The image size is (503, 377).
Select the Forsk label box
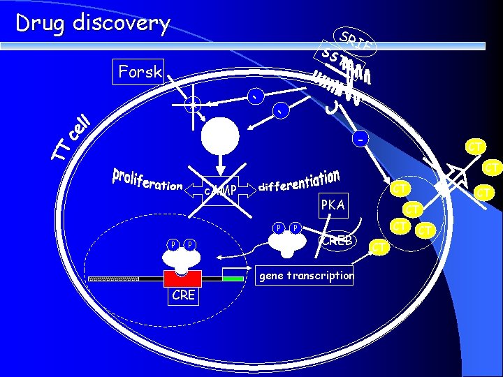pos(140,71)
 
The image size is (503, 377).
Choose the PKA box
pos(333,205)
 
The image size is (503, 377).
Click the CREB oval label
pos(338,241)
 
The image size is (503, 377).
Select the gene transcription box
pos(306,275)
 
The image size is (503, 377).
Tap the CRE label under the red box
pos(183,295)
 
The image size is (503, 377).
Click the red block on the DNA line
pos(182,278)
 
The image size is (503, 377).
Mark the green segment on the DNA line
pos(229,278)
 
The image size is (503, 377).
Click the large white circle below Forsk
pos(219,136)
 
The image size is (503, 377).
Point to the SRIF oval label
pos(356,41)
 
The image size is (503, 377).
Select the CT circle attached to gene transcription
pos(379,246)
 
